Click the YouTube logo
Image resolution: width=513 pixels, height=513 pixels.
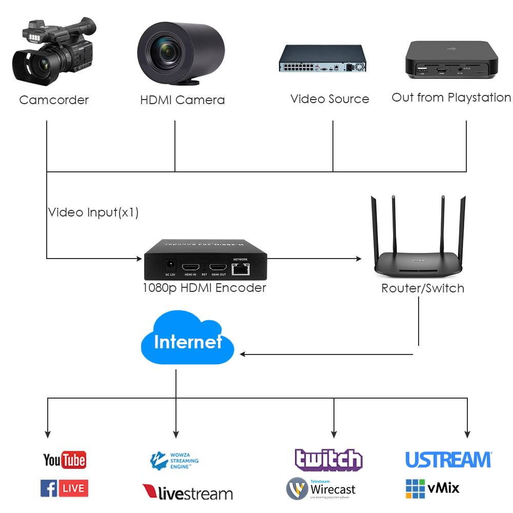click(x=64, y=460)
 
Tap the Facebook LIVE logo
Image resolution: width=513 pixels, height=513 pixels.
click(x=64, y=488)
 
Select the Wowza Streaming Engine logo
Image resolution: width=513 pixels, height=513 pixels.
click(x=174, y=461)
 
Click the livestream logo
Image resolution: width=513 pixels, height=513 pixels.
click(x=187, y=493)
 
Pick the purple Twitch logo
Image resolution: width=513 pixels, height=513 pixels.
click(x=328, y=460)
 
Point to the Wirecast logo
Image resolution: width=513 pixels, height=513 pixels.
click(x=321, y=488)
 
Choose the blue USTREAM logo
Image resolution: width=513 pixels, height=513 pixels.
click(x=448, y=460)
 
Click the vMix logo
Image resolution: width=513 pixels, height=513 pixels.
click(x=432, y=488)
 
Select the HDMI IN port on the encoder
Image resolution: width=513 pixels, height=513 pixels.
click(x=191, y=267)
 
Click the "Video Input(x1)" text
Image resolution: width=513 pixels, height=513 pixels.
click(x=93, y=212)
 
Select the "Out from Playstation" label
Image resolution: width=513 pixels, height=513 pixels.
click(x=451, y=97)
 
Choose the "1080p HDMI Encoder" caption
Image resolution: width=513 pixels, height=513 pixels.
click(x=204, y=288)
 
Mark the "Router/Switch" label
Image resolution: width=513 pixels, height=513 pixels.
click(x=423, y=288)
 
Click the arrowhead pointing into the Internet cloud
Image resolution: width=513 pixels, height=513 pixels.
click(x=243, y=354)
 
